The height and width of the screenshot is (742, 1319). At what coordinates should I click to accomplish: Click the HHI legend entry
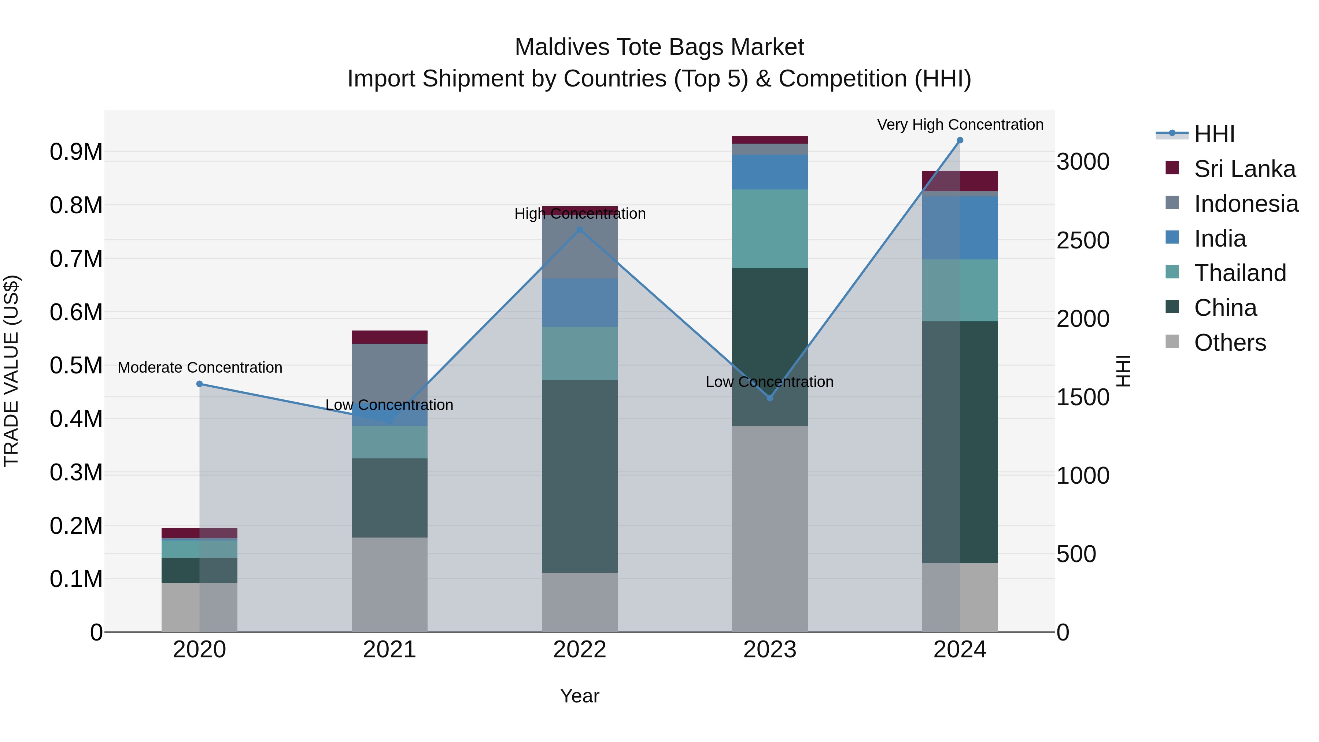(x=1213, y=134)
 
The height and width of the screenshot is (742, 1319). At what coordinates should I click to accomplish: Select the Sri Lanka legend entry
(x=1244, y=169)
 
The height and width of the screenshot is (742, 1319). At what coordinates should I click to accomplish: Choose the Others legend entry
(x=1229, y=343)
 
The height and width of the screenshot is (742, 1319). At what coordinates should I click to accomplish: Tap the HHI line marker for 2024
(x=960, y=140)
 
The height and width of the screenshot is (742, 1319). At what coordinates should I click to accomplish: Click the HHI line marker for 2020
(x=200, y=384)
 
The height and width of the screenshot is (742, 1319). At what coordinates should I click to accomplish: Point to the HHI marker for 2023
(x=769, y=398)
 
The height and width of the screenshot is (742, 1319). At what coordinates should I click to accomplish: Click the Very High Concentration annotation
(x=960, y=125)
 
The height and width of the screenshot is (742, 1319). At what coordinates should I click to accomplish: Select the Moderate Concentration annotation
(x=200, y=368)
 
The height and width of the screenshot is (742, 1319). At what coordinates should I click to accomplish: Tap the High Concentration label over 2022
(x=580, y=214)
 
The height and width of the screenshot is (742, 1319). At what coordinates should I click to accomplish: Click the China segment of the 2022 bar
(x=580, y=476)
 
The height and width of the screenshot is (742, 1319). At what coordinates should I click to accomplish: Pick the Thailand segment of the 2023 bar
(x=769, y=229)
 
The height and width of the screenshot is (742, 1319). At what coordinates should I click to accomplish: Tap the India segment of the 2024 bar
(x=960, y=228)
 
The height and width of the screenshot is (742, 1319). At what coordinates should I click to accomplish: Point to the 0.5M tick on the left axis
(x=76, y=366)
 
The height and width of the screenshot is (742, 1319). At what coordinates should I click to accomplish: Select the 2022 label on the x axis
(x=580, y=650)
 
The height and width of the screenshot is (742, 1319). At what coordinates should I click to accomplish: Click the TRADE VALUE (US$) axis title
(x=11, y=371)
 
